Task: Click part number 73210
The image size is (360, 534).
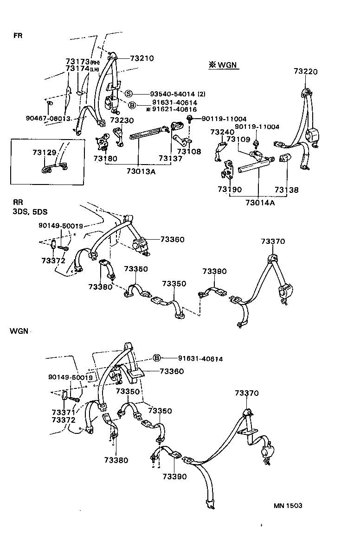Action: (x=141, y=58)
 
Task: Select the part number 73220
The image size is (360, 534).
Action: (x=306, y=71)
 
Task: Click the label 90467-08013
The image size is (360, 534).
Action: (x=48, y=118)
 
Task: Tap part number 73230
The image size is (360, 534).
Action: (x=122, y=120)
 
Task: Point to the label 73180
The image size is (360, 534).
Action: (x=105, y=159)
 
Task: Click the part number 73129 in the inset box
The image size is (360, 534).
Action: (x=44, y=153)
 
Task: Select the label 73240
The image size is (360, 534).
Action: (x=221, y=132)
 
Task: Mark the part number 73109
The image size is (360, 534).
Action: (x=238, y=140)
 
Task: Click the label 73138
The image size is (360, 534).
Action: (x=286, y=190)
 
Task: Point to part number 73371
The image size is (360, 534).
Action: (x=63, y=413)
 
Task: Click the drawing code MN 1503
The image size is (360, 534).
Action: (x=287, y=505)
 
